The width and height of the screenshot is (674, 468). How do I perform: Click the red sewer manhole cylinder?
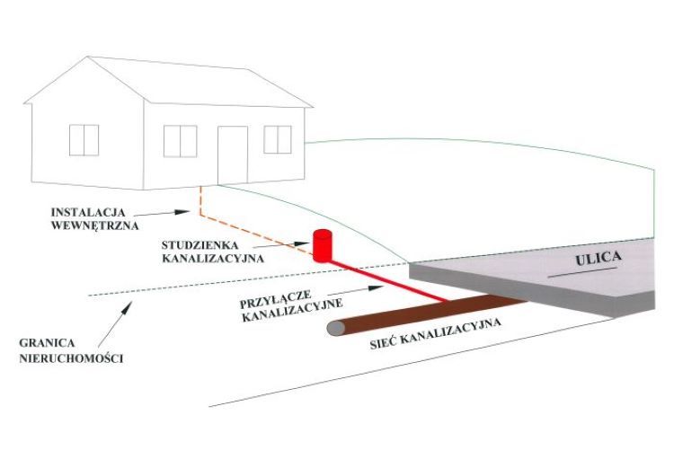point(323,245)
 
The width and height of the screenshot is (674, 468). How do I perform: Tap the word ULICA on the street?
point(597,261)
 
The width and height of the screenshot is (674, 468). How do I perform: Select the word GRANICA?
point(49,343)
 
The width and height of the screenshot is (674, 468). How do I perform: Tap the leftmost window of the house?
point(84,139)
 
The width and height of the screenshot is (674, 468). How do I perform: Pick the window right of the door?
point(278,139)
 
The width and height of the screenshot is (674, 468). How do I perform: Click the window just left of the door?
point(180,140)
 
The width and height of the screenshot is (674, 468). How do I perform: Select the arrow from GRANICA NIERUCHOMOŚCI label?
point(116,315)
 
